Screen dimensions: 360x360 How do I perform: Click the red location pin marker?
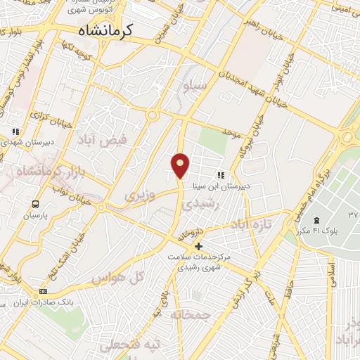click(x=181, y=165)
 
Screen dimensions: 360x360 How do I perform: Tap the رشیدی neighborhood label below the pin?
click(x=197, y=204)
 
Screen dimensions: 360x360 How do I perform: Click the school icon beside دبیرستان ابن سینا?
click(x=220, y=175)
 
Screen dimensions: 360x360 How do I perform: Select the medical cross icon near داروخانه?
click(x=198, y=246)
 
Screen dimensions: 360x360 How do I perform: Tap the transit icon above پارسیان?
click(x=34, y=204)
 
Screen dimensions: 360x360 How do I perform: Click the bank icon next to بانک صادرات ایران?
click(x=44, y=292)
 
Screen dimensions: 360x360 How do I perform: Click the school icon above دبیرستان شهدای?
click(x=15, y=131)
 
